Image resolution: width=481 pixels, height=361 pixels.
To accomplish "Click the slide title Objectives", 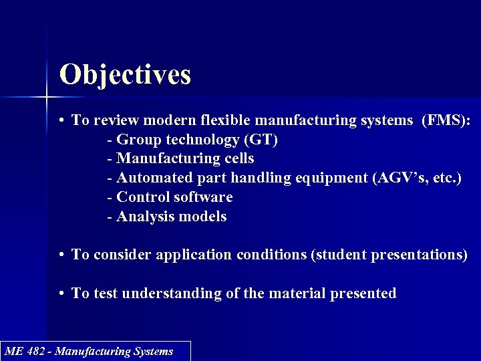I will pyautogui.click(x=125, y=74).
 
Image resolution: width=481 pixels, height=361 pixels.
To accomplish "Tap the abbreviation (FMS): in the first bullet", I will pyautogui.click(x=446, y=120).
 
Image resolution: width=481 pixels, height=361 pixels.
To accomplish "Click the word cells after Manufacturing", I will pyautogui.click(x=238, y=158).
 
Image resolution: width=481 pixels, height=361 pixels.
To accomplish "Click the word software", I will pyautogui.click(x=203, y=197).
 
